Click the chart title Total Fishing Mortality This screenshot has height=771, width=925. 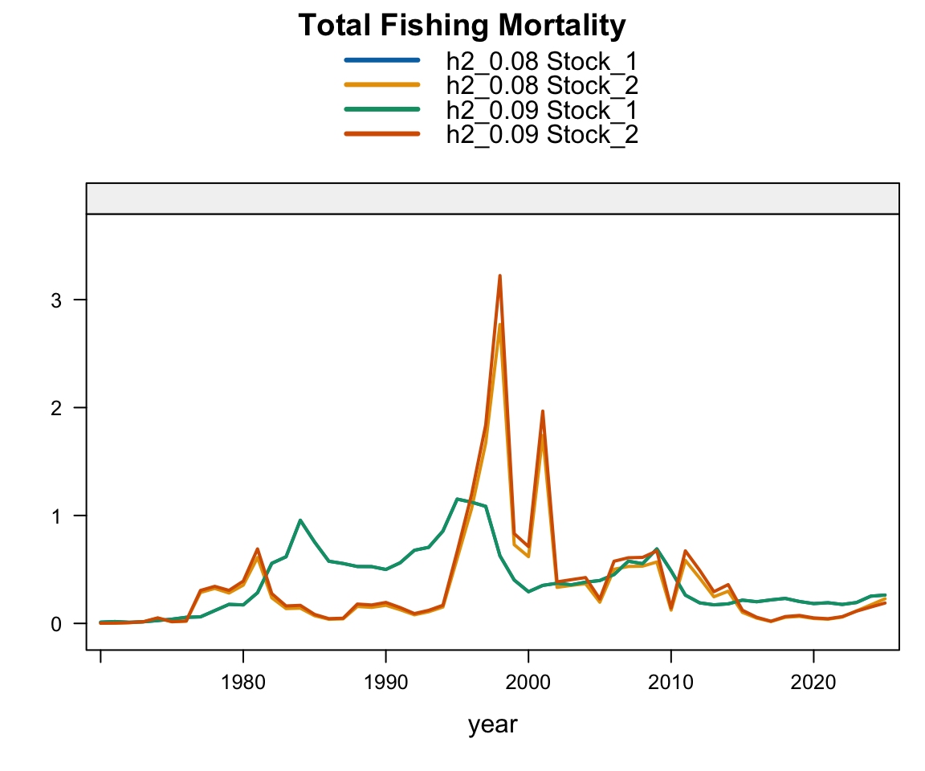(x=462, y=26)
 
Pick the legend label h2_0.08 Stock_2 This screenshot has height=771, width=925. (x=542, y=84)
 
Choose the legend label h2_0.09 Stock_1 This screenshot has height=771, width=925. (x=542, y=109)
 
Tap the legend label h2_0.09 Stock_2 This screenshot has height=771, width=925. (x=542, y=134)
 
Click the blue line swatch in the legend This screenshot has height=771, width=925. (x=381, y=59)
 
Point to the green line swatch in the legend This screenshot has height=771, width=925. (x=381, y=109)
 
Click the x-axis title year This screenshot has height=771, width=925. (x=493, y=724)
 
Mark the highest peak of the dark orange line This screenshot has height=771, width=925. (x=499, y=275)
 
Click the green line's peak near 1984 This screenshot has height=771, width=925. (x=300, y=520)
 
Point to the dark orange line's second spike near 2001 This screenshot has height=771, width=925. (x=543, y=411)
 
